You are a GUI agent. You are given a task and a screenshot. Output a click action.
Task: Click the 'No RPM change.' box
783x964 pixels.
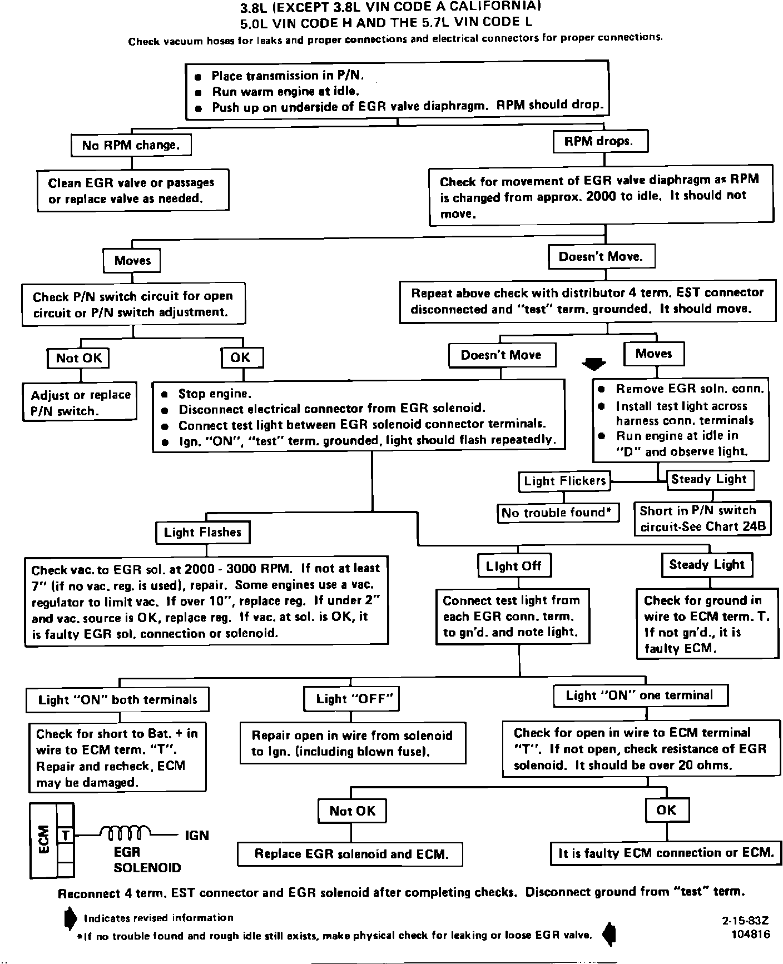[131, 146]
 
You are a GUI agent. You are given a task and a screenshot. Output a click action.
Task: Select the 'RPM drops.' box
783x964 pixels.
[601, 142]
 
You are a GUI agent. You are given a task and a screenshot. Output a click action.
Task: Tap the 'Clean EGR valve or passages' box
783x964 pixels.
[132, 191]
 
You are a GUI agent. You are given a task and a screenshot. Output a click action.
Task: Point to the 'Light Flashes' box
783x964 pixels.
[202, 533]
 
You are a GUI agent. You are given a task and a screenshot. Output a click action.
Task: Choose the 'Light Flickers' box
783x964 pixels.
[564, 481]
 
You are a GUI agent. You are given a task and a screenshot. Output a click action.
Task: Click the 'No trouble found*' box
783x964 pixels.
[558, 513]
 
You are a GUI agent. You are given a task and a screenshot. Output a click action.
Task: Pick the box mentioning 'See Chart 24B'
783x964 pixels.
[702, 518]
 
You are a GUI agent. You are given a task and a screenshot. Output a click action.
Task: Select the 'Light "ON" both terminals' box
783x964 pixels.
[117, 700]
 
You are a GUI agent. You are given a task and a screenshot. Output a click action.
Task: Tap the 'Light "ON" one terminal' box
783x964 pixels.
[640, 695]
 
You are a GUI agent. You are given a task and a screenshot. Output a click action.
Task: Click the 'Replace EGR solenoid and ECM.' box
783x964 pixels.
[351, 854]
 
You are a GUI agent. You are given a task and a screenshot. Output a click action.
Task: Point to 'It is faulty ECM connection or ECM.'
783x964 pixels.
[666, 853]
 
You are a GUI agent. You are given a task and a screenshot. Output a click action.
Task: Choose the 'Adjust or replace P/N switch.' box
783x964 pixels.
[80, 403]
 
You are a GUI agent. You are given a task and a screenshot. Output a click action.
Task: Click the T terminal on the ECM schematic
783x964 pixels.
[66, 835]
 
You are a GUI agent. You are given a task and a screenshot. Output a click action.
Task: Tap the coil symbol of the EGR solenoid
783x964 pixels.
[126, 834]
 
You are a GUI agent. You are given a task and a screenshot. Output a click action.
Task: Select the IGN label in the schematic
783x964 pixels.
[196, 835]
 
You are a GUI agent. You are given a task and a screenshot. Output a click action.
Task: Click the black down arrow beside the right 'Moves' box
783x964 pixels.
[593, 364]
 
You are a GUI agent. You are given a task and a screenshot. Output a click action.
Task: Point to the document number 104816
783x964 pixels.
[751, 934]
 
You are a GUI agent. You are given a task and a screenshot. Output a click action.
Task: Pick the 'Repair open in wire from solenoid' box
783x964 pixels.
[353, 743]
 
